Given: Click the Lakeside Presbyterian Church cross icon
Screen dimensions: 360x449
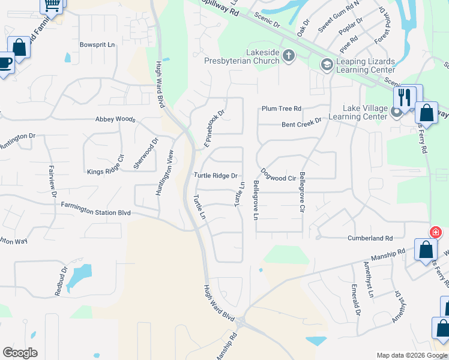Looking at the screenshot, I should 289,56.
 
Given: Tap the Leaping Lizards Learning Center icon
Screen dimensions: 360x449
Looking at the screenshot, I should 327,64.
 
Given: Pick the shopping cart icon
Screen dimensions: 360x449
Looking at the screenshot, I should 52,5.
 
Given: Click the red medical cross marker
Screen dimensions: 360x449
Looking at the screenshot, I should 435,232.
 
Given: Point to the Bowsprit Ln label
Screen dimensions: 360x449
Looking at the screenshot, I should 97,45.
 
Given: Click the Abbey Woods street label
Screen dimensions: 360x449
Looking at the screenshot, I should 115,119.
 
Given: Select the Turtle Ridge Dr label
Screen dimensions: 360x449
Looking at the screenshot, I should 216,176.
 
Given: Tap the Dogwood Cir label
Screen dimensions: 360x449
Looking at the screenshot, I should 277,178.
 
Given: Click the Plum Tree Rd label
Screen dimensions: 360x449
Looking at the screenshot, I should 280,109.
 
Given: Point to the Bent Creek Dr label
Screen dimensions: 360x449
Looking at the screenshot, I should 302,120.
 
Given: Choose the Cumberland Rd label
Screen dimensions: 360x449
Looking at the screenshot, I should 370,238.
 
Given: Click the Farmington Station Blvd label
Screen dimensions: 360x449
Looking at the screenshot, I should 95,209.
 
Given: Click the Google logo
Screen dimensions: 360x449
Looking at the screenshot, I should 20,353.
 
